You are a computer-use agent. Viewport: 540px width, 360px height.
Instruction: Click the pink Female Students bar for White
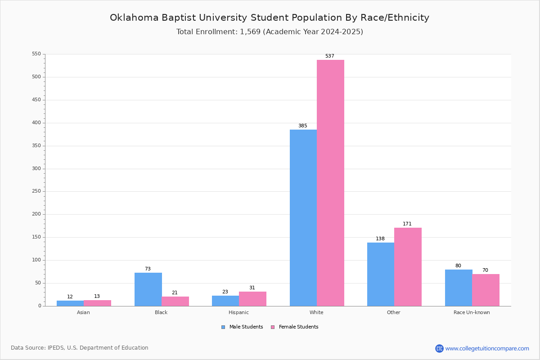[330, 183]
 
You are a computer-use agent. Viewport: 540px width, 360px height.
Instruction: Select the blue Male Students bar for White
[303, 218]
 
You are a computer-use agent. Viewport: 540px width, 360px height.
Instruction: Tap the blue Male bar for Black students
[148, 289]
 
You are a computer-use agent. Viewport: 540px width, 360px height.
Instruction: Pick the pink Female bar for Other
[408, 267]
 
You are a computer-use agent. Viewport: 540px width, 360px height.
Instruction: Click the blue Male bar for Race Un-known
[459, 288]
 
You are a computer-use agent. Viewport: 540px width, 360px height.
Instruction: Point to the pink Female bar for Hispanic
[252, 299]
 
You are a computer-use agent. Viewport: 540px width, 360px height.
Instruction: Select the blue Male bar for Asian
[70, 303]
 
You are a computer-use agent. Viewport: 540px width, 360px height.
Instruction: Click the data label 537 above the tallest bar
[329, 56]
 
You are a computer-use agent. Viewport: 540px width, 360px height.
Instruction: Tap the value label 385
[302, 126]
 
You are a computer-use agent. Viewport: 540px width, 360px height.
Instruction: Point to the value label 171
[407, 224]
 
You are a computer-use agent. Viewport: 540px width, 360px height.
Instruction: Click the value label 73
[148, 269]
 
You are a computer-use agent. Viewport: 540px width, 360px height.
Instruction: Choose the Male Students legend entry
[242, 327]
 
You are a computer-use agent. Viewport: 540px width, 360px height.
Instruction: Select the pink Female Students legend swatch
[273, 327]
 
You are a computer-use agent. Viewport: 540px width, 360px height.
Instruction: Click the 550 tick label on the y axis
[36, 54]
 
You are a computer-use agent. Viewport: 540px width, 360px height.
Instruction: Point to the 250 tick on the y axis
[36, 191]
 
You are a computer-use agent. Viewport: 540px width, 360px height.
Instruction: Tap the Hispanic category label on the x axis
[238, 312]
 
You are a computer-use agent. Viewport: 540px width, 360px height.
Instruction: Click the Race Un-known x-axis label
[472, 312]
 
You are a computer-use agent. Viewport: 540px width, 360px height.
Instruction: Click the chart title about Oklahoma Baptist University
[270, 18]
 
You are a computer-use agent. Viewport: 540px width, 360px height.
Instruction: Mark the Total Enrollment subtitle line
[270, 31]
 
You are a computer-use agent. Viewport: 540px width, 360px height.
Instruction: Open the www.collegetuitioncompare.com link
[487, 348]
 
